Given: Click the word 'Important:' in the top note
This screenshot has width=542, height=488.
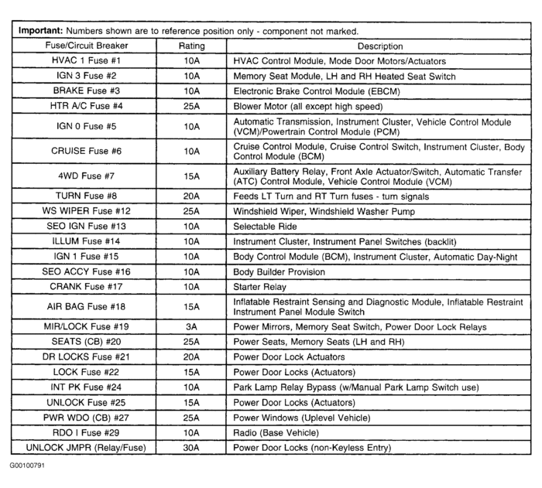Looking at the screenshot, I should [39, 31].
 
